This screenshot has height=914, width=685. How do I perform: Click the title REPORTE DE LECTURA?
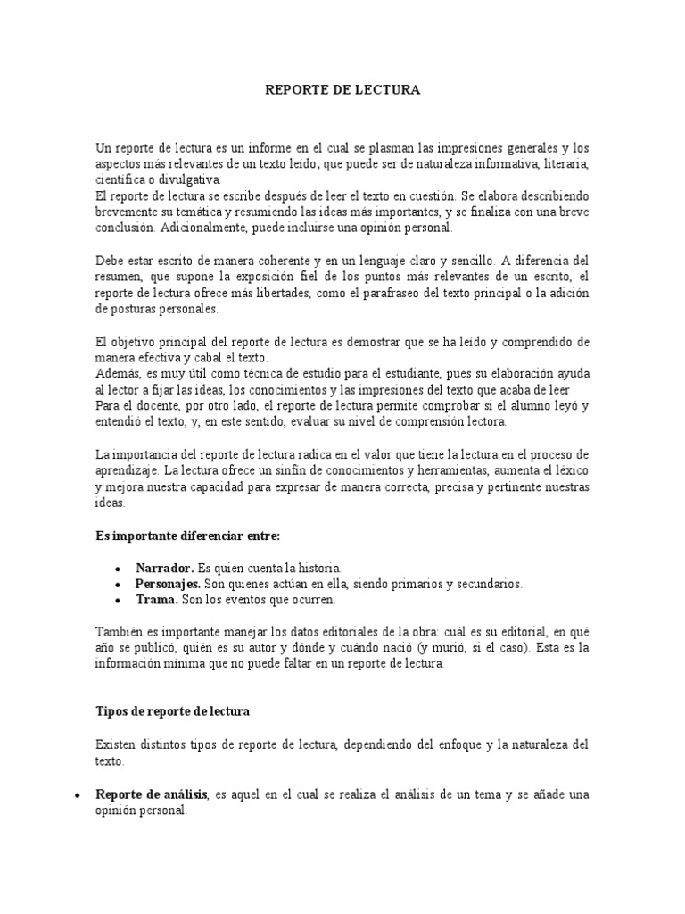pos(342,90)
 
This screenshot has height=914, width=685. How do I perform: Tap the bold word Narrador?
pos(164,568)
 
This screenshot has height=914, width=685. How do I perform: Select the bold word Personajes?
pos(168,584)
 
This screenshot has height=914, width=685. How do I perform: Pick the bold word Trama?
pos(157,600)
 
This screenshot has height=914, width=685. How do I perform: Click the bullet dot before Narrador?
pos(118,569)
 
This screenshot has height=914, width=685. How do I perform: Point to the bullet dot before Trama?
pos(118,601)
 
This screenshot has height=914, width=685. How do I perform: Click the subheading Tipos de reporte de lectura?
pos(173,711)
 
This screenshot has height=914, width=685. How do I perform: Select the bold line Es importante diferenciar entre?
pos(187,535)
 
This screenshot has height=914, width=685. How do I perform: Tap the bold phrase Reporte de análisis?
pos(152,794)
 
